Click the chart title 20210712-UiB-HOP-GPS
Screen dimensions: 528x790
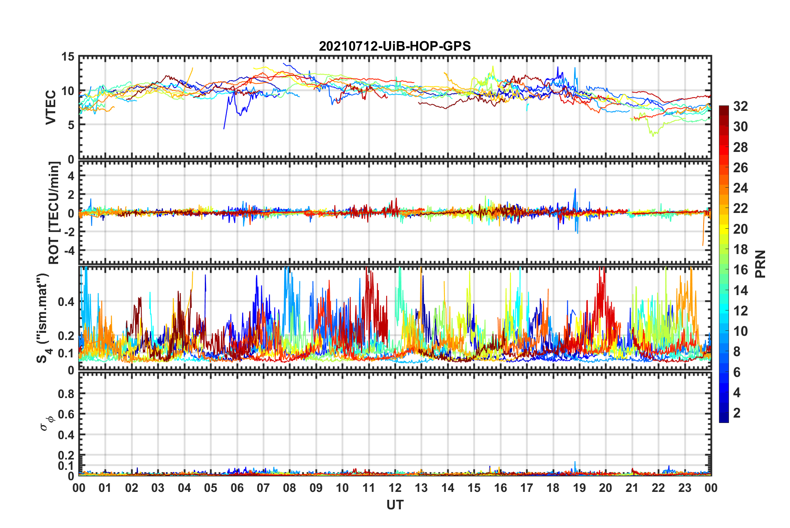pos(395,46)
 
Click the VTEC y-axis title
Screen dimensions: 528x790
pos(51,108)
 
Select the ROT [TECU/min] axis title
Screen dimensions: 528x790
pos(54,213)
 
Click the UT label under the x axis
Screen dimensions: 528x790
pos(395,505)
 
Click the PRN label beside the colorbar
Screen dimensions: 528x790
pos(761,264)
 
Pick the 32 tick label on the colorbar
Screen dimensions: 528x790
pos(741,106)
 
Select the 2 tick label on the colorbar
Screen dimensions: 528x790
pos(737,413)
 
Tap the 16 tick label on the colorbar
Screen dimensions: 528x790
pos(741,270)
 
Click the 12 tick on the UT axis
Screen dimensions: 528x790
pos(395,488)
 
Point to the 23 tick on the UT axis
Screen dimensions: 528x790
pos(685,488)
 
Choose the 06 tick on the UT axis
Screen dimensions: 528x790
pos(237,488)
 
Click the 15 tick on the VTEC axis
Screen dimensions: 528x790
pos(68,57)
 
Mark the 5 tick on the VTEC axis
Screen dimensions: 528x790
pos(71,125)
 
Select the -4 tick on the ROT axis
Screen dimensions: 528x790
pos(69,251)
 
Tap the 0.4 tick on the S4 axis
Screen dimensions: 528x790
pos(66,302)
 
